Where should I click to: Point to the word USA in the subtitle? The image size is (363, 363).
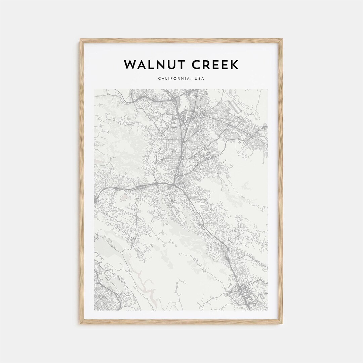200,79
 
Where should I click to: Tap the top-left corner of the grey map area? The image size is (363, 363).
95,89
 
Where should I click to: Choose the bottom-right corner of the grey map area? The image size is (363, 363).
268,310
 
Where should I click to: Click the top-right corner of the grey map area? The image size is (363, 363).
268,89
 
